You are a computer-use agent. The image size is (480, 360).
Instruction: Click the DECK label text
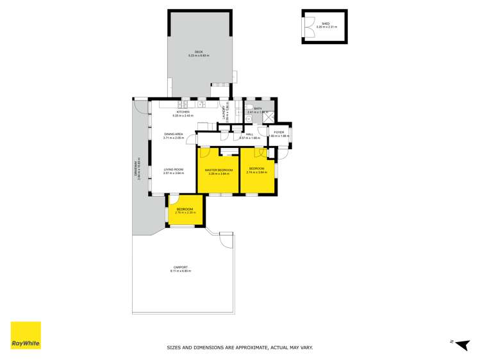point(199,52)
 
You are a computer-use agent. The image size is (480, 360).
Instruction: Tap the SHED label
point(326,23)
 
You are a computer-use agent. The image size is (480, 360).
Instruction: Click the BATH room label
point(258,108)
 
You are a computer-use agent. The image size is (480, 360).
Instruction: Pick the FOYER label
point(279,133)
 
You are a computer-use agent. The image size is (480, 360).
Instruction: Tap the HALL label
point(249,135)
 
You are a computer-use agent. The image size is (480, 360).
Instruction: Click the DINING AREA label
point(173,134)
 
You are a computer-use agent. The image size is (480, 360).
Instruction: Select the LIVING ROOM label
point(173,170)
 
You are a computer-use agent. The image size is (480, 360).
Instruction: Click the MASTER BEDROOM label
point(219,170)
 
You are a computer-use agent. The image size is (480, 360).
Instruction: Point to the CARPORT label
point(180,267)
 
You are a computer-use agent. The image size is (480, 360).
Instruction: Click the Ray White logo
point(26,335)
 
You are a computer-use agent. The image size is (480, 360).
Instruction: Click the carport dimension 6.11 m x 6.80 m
point(180,271)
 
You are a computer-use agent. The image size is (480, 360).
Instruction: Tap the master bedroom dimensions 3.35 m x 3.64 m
point(219,174)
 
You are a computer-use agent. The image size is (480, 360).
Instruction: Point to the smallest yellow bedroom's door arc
point(174,200)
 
